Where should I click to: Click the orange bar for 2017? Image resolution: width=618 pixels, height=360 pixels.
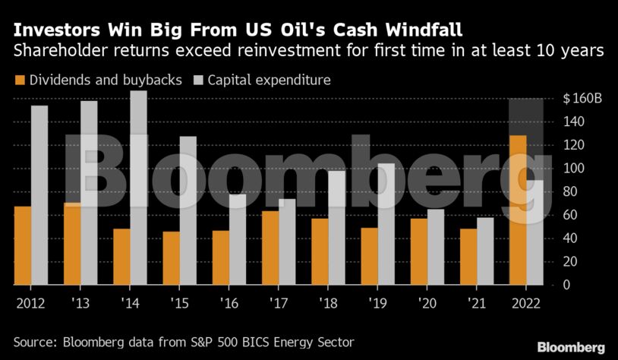pyautogui.click(x=270, y=248)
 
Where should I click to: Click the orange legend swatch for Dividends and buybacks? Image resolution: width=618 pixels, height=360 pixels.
pyautogui.click(x=20, y=80)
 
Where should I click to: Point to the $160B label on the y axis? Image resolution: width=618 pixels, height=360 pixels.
pyautogui.click(x=582, y=99)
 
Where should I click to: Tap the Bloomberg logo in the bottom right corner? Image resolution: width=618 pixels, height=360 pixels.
pyautogui.click(x=571, y=347)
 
